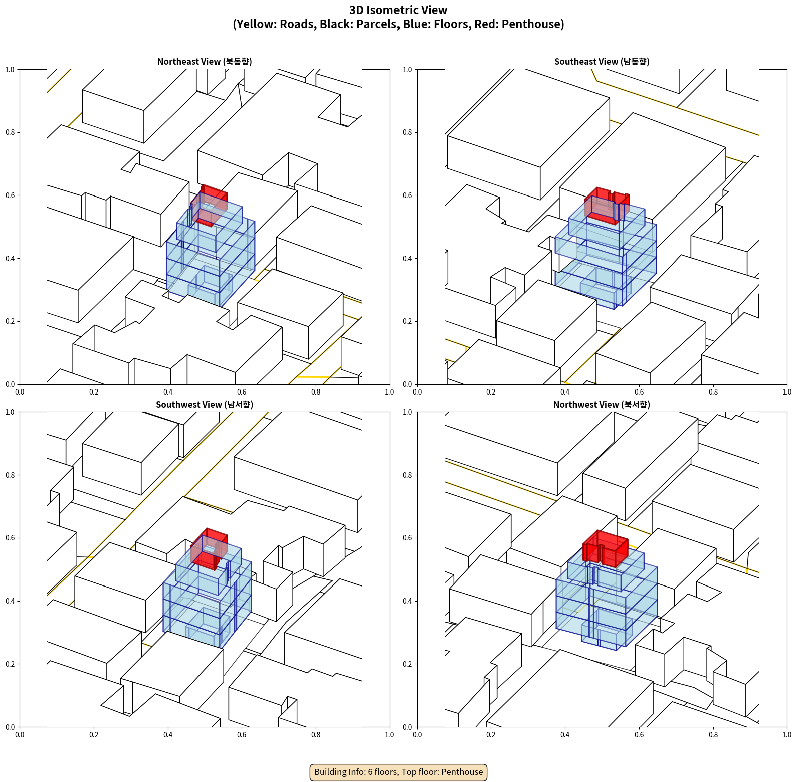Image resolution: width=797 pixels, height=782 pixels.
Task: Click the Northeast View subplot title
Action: point(205,61)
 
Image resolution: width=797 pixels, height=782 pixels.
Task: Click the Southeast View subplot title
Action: point(602,61)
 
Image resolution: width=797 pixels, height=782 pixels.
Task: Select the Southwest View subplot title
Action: point(205,404)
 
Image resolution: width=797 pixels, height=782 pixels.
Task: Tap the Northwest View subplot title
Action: point(602,404)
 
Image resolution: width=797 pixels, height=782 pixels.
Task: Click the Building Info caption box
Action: point(398,772)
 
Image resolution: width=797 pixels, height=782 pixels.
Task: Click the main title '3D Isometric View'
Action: point(398,10)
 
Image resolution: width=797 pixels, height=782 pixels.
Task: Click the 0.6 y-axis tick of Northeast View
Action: point(10,195)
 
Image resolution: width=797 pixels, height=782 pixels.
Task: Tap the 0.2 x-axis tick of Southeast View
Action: point(491,392)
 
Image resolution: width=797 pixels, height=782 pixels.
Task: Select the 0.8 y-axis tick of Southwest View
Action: point(10,475)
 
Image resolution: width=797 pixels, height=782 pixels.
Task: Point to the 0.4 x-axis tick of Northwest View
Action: point(565,735)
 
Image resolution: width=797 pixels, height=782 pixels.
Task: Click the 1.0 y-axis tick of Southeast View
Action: point(407,70)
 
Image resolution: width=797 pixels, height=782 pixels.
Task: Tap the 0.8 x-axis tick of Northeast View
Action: point(316,392)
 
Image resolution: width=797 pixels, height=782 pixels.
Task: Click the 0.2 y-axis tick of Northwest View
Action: point(407,664)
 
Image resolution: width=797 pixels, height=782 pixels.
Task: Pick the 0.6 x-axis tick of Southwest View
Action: point(242,735)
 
